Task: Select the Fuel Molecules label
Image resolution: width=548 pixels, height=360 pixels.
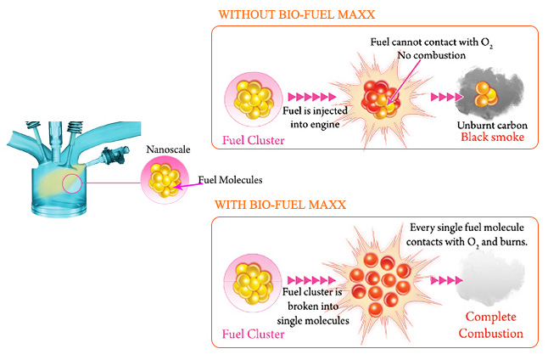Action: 230,180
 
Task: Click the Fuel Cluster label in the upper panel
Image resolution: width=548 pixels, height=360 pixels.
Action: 253,140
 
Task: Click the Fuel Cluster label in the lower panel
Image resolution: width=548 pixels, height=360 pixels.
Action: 253,333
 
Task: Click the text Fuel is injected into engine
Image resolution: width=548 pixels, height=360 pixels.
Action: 311,116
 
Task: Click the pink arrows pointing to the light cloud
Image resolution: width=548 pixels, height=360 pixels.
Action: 445,279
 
